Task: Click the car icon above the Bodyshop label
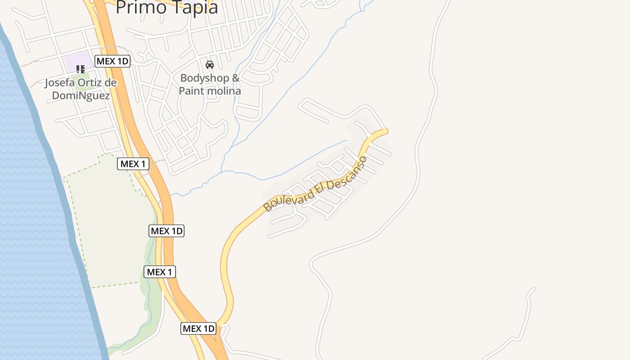pos(210,65)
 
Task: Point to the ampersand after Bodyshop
pos(235,78)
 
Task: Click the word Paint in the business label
pos(189,90)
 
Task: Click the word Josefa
pos(61,83)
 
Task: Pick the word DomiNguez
pos(81,95)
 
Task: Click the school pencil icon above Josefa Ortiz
pos(81,69)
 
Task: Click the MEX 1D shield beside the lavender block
pos(112,61)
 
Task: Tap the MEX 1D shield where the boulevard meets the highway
pos(198,328)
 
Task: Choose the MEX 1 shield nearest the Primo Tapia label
pos(133,164)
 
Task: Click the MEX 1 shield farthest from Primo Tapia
pos(160,272)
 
